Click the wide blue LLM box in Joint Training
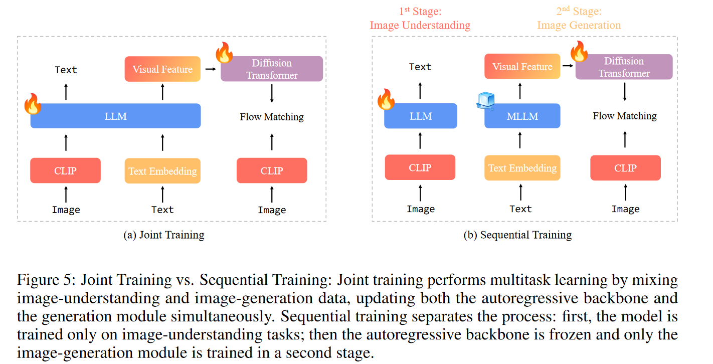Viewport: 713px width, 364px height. coord(115,116)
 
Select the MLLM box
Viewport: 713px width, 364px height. coord(522,116)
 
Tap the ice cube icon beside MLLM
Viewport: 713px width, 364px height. coord(485,101)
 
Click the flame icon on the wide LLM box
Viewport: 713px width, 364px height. coord(33,103)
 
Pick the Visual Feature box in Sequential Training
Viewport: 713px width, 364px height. coord(522,67)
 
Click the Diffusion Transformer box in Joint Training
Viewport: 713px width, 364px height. coord(272,69)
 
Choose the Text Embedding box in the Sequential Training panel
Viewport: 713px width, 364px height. coord(522,167)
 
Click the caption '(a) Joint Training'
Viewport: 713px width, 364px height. coord(164,235)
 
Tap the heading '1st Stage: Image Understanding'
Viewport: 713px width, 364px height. coord(420,18)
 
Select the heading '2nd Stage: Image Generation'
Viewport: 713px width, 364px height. coord(579,18)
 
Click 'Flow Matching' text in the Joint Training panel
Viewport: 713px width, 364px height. coord(272,117)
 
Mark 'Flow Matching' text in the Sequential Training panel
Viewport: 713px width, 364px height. coord(625,116)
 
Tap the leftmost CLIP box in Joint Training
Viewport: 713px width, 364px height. coord(66,170)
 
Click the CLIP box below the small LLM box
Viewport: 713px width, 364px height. coord(420,167)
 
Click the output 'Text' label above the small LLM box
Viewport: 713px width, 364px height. coord(420,67)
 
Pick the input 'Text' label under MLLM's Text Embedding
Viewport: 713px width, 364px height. coord(520,209)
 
